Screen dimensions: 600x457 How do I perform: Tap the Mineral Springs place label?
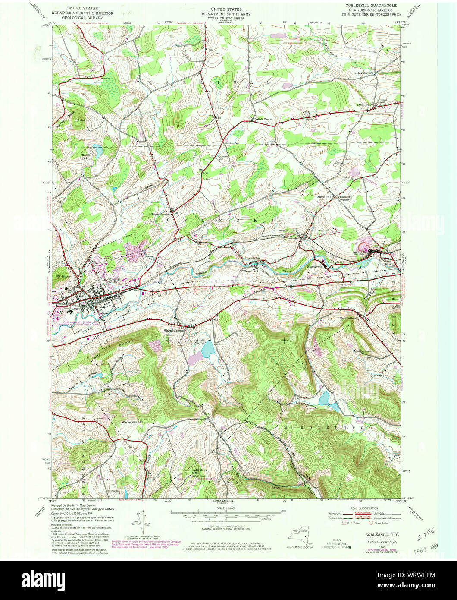[x=173, y=331]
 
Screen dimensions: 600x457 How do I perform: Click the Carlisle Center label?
[x=263, y=120]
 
